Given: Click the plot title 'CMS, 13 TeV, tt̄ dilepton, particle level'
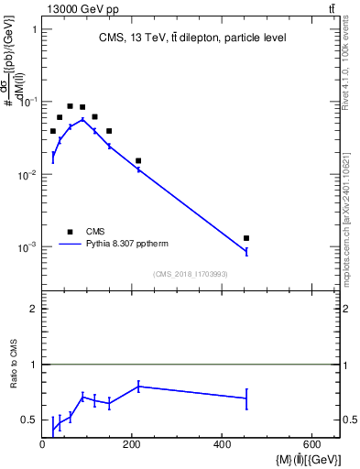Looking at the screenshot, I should pyautogui.click(x=192, y=38).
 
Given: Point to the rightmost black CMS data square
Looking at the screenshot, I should pyautogui.click(x=246, y=238).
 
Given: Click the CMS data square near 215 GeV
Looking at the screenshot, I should pyautogui.click(x=138, y=161).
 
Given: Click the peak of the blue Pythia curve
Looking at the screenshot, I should pyautogui.click(x=82, y=119).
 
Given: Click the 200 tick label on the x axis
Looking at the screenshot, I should pyautogui.click(x=132, y=445).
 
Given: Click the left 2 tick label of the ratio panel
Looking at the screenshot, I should pyautogui.click(x=32, y=309).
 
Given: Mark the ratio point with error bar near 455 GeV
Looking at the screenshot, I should pyautogui.click(x=246, y=398).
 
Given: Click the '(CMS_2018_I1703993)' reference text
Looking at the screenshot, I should pyautogui.click(x=191, y=274).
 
